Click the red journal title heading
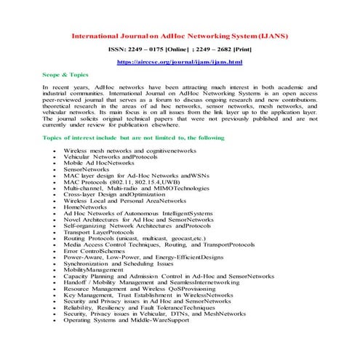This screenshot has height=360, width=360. (x=180, y=35)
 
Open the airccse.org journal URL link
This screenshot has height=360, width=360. (x=180, y=63)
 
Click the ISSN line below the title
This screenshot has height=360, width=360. (x=180, y=49)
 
